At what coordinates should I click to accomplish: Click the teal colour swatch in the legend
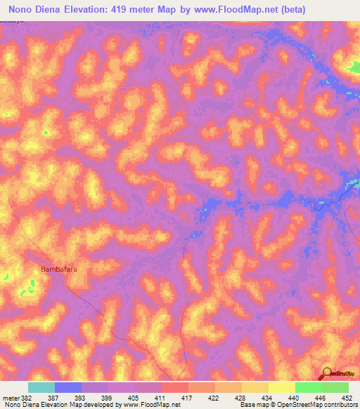pyautogui.click(x=41, y=387)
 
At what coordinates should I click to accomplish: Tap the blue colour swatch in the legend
pyautogui.click(x=68, y=387)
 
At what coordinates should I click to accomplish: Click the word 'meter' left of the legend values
pyautogui.click(x=10, y=397)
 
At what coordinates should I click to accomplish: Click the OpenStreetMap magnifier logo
pyautogui.click(x=326, y=373)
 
